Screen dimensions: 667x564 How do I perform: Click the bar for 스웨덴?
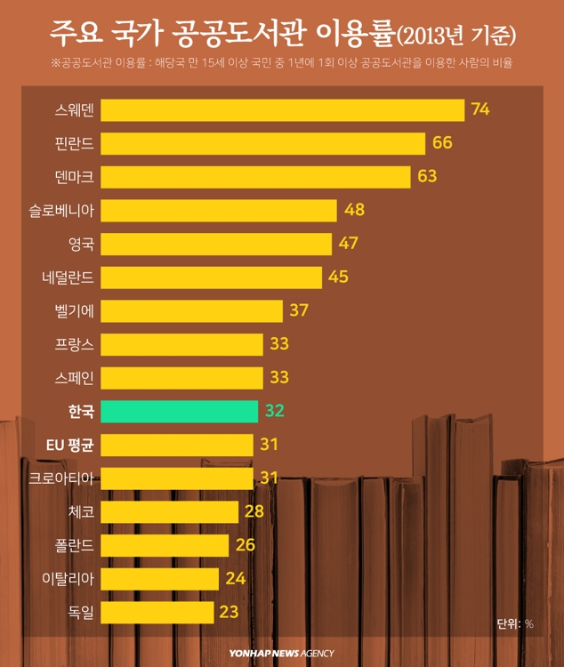[x=282, y=109]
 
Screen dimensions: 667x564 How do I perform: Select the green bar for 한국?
[x=180, y=411]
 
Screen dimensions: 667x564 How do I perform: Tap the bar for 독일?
[x=157, y=612]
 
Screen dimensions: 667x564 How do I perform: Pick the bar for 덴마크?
[x=255, y=176]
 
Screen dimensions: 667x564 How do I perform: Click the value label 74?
[x=481, y=109]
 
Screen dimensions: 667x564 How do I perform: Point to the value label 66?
[x=442, y=142]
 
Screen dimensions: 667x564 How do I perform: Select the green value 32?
[x=274, y=411]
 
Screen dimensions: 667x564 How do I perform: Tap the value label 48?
[x=354, y=210]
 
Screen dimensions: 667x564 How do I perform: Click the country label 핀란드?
[x=74, y=142]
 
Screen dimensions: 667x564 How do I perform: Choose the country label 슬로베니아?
[x=61, y=210]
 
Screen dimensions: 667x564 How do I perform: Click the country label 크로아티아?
[x=61, y=478]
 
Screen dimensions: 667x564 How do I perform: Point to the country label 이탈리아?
[x=68, y=578]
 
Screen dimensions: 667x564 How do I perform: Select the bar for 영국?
[x=216, y=244]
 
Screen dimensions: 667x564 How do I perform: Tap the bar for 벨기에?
[x=191, y=310]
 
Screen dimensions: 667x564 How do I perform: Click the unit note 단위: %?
[x=515, y=624]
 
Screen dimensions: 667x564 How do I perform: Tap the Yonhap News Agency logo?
[x=281, y=653]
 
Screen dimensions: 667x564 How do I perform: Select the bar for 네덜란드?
[x=211, y=277]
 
